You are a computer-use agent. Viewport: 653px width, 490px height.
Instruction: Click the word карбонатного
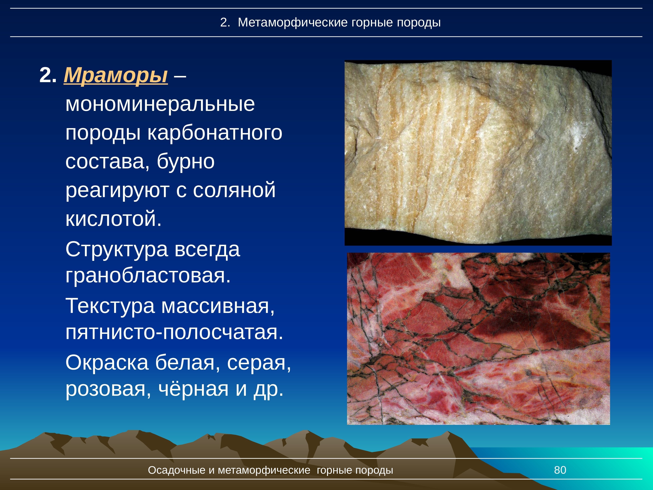click(x=215, y=133)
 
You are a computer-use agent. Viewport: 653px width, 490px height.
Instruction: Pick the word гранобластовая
click(x=148, y=276)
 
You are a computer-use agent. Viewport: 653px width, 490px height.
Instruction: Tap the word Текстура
click(x=110, y=306)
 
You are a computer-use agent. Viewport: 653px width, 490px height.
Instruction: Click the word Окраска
click(x=107, y=363)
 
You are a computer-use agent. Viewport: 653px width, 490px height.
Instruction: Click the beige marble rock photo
click(x=478, y=153)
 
